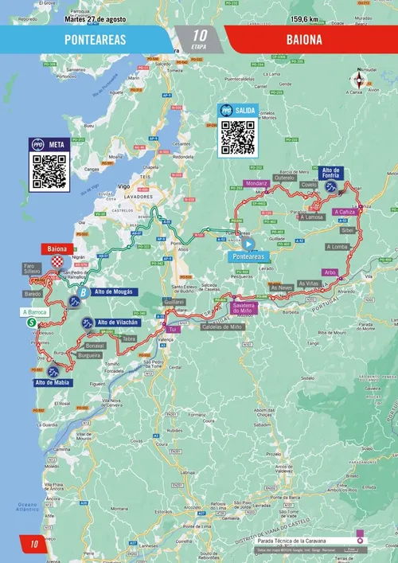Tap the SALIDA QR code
click(x=236, y=137)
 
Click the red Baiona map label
click(x=57, y=248)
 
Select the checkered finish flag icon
click(x=57, y=261)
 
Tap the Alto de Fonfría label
click(x=331, y=173)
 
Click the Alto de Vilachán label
click(x=117, y=322)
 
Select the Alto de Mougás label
click(x=111, y=293)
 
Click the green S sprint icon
click(x=31, y=323)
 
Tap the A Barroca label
click(x=36, y=312)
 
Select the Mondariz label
click(x=252, y=184)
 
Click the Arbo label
click(x=332, y=272)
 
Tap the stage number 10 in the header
click(x=199, y=35)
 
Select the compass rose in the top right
click(x=361, y=80)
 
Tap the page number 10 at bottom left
click(x=34, y=545)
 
